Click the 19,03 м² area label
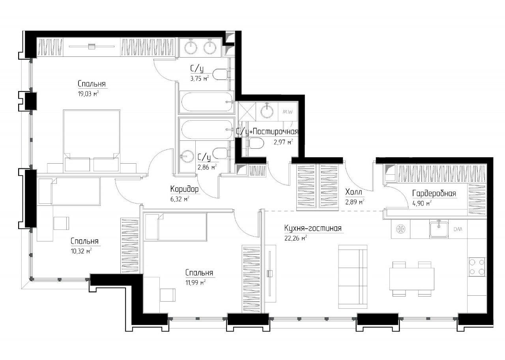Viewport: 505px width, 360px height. [x=88, y=94]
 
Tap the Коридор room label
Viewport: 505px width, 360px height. [x=184, y=189]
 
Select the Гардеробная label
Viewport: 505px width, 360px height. [x=434, y=193]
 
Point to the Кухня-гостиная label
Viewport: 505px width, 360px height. [x=313, y=228]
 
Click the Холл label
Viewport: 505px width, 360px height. [x=353, y=192]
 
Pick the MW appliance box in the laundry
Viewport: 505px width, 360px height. [x=288, y=112]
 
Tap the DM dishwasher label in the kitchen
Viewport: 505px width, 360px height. [x=458, y=229]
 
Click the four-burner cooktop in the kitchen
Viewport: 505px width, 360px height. [x=477, y=267]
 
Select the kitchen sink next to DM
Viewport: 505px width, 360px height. [x=439, y=229]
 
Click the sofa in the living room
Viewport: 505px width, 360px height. [x=353, y=277]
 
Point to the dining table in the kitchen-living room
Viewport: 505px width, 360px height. [x=412, y=279]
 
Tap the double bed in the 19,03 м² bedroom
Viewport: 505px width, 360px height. [x=92, y=141]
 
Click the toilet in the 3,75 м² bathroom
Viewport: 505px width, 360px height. [x=220, y=75]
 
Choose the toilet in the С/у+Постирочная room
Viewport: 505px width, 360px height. [x=257, y=143]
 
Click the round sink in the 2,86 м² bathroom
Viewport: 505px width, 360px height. [x=187, y=156]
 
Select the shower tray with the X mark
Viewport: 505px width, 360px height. [x=247, y=112]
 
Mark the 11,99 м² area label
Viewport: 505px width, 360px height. [x=195, y=282]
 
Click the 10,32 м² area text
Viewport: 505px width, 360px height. [x=81, y=251]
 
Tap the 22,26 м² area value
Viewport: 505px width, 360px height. [x=296, y=238]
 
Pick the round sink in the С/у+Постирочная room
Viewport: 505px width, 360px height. [x=267, y=111]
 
